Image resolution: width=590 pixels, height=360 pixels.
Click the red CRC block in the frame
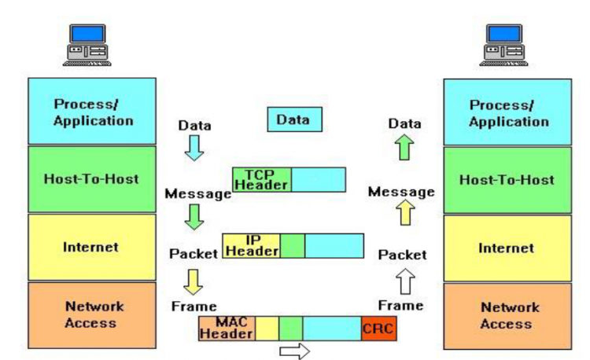point(379,329)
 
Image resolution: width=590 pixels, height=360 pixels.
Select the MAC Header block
point(227,329)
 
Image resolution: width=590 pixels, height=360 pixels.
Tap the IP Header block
point(252,246)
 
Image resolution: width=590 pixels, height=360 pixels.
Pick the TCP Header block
point(262,180)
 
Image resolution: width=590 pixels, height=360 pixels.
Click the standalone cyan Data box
point(295,119)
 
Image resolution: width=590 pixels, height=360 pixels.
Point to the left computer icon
point(87,45)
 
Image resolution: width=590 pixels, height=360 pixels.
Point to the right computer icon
point(503,45)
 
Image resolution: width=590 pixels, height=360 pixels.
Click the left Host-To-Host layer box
point(92,179)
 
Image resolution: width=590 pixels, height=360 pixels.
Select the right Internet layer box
point(507,248)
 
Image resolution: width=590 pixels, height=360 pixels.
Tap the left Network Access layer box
point(92,315)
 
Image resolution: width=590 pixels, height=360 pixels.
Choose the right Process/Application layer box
point(507,112)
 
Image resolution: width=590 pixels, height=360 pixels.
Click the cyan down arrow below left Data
point(194,148)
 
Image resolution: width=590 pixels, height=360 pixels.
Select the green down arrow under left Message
point(194,217)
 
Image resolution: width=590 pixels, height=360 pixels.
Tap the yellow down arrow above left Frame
point(193,282)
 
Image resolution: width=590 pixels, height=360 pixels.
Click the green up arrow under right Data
point(404,147)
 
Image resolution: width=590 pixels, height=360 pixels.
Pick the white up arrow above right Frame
point(405,281)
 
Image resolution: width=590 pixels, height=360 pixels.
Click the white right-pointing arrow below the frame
point(295,351)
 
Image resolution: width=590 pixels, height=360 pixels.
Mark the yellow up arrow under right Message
point(405,212)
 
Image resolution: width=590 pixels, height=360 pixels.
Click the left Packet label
point(194,254)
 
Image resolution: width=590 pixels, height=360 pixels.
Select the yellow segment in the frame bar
point(267,329)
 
